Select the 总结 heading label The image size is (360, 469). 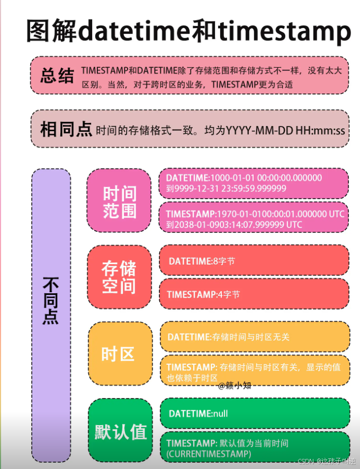57,76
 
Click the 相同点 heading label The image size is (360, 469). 66,129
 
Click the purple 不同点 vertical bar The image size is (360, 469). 51,315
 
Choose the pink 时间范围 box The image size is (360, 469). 119,202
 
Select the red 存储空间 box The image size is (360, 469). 119,277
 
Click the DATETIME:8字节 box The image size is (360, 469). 254,260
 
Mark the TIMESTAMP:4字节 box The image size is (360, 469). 254,294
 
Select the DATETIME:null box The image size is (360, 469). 254,413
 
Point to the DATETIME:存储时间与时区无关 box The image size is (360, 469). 254,337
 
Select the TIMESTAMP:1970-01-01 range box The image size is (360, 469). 254,219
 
